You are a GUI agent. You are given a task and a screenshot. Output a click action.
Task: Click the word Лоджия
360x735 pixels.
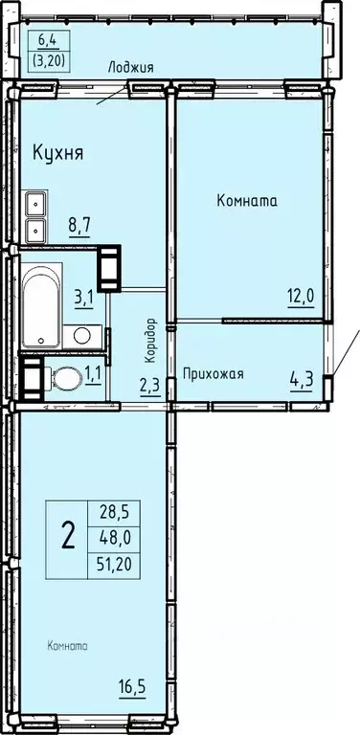[130, 66]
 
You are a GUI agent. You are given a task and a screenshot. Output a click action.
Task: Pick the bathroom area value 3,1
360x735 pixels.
[83, 297]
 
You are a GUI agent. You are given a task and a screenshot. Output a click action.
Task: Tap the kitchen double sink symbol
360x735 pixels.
[35, 216]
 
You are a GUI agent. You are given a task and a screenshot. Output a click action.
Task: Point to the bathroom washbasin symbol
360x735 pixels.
[82, 335]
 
